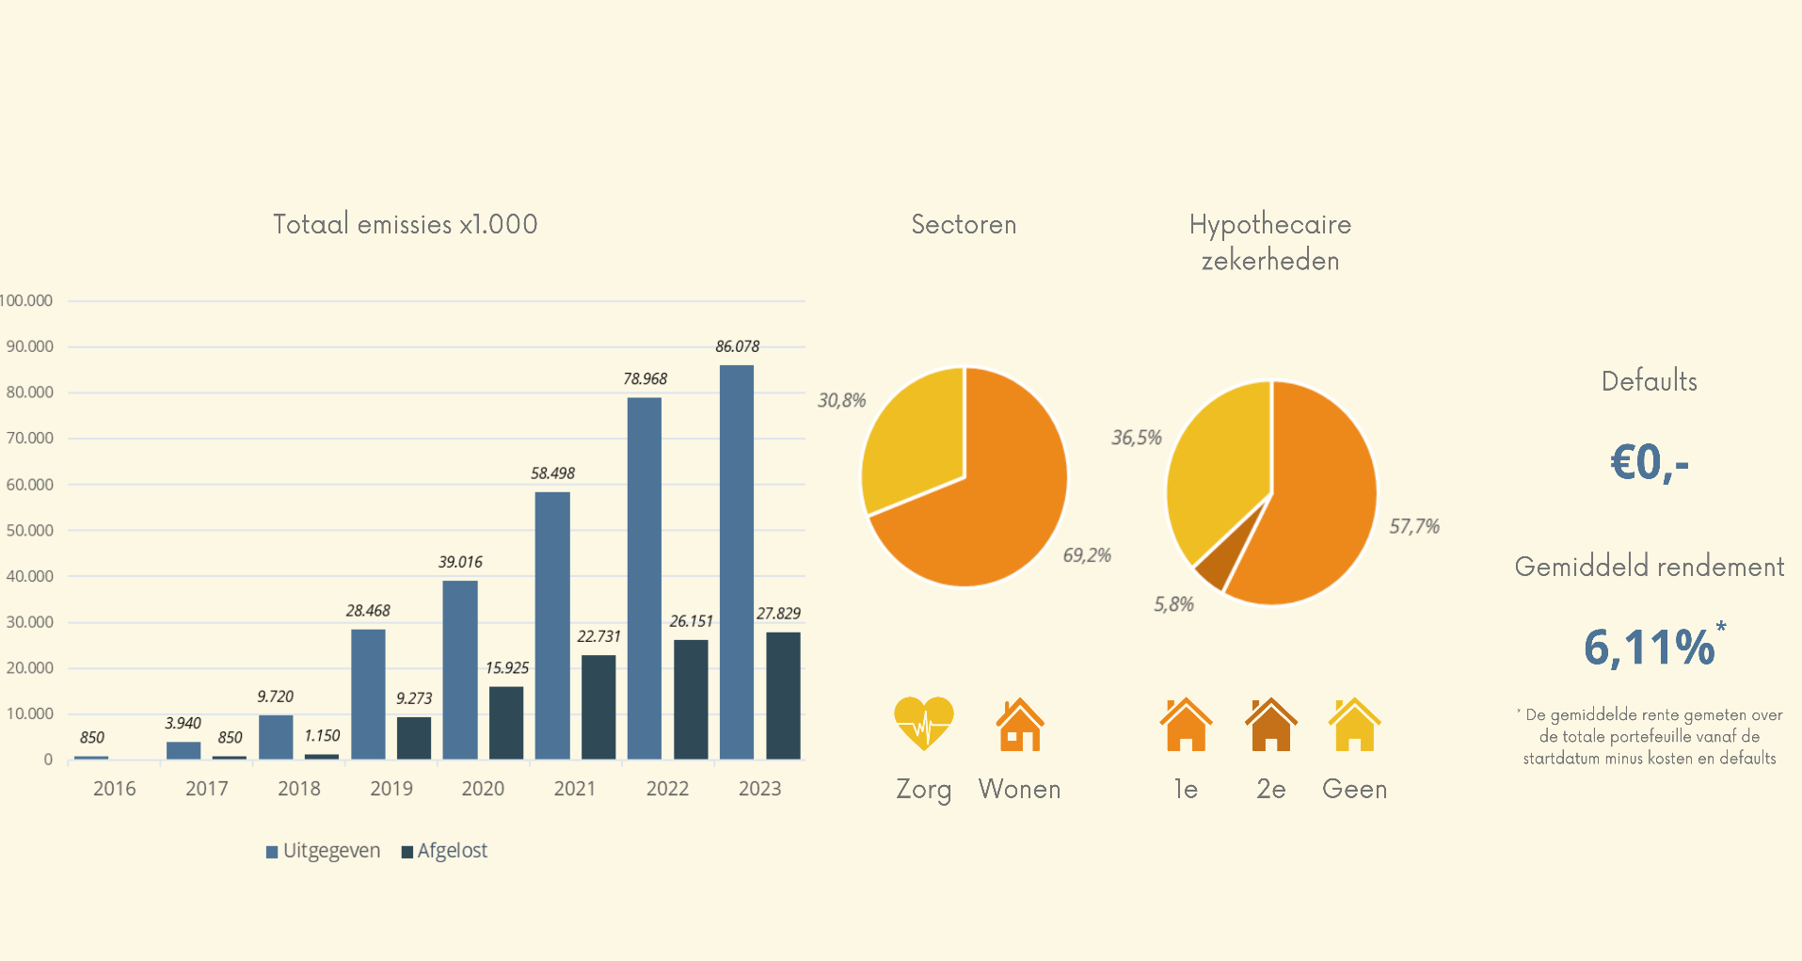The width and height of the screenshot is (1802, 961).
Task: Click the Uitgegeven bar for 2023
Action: pyautogui.click(x=736, y=562)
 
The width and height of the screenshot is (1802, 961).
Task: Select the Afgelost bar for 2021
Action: pyautogui.click(x=598, y=707)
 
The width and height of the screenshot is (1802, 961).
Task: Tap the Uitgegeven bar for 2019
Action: pyautogui.click(x=368, y=694)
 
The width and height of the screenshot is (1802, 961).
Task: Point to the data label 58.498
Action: pyautogui.click(x=552, y=473)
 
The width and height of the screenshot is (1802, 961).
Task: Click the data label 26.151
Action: pyautogui.click(x=691, y=621)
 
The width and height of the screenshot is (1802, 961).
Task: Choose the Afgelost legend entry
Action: pyautogui.click(x=445, y=851)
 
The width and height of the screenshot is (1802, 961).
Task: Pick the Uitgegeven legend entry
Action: pyautogui.click(x=324, y=851)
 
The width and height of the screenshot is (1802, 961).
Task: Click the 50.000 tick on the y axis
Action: pyautogui.click(x=30, y=531)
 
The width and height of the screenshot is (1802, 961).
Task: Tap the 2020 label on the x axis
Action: pyautogui.click(x=483, y=789)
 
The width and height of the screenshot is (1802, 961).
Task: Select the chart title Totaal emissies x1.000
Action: pyautogui.click(x=405, y=224)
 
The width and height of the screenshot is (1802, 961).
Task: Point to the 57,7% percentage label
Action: pyautogui.click(x=1414, y=526)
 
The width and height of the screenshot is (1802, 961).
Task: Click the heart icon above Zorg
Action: pyautogui.click(x=924, y=723)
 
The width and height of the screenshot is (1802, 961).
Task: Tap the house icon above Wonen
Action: pyautogui.click(x=1020, y=725)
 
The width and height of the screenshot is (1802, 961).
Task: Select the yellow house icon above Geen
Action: pyautogui.click(x=1354, y=725)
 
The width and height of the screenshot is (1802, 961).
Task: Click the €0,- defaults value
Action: pyautogui.click(x=1650, y=462)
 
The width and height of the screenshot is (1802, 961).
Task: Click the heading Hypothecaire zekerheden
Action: pyautogui.click(x=1270, y=242)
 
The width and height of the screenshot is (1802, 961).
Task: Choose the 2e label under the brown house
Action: pyautogui.click(x=1270, y=789)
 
